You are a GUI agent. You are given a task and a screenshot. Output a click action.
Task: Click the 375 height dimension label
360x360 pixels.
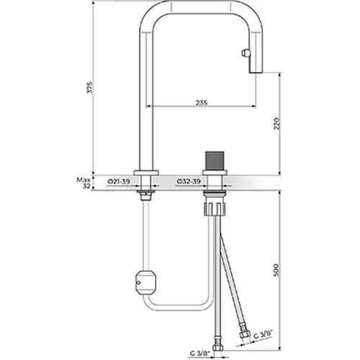point(89,88)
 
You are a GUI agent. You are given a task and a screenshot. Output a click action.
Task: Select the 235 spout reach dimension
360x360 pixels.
point(202,103)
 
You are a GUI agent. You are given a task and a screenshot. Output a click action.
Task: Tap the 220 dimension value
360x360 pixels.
point(277,123)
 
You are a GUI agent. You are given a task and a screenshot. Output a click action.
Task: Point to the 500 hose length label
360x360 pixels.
point(277,270)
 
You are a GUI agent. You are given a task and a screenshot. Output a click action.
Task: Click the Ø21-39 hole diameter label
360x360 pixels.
point(119,181)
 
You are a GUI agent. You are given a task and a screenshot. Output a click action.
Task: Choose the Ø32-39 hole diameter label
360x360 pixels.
point(189,181)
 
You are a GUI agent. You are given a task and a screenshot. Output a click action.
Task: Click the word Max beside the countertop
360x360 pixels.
point(84,180)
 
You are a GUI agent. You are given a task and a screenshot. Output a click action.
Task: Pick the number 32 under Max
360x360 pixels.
point(86,186)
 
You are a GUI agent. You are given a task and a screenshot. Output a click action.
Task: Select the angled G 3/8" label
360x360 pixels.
point(264,334)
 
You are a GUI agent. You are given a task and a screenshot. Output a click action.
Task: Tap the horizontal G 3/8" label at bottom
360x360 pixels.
point(200,354)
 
